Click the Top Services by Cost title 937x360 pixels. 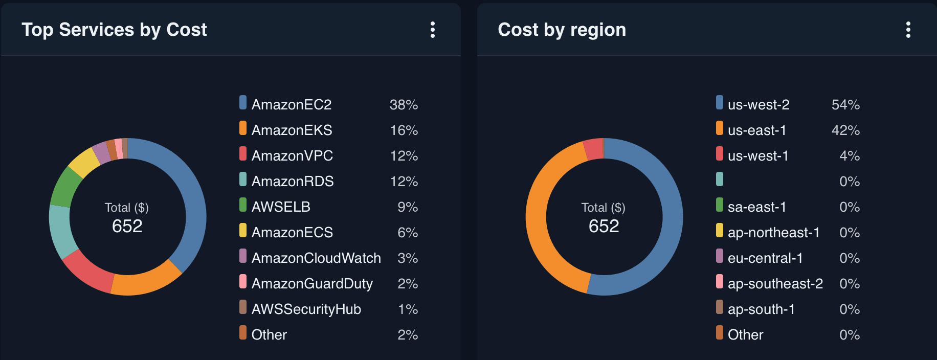(x=114, y=30)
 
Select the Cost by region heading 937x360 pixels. (x=562, y=30)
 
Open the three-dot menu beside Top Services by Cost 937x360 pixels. (x=433, y=30)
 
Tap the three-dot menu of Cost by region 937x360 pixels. (x=908, y=30)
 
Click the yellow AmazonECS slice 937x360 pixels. (x=83, y=162)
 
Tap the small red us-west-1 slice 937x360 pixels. (x=593, y=149)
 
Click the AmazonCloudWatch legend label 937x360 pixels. (x=316, y=258)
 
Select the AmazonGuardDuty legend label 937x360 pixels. (x=312, y=283)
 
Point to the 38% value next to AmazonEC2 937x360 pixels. (x=404, y=104)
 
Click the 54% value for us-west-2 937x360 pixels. (x=845, y=104)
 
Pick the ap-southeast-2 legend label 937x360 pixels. (x=775, y=283)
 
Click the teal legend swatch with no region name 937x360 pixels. (x=720, y=179)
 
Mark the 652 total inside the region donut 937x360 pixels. (x=604, y=226)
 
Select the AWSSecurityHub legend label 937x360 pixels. (x=306, y=309)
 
